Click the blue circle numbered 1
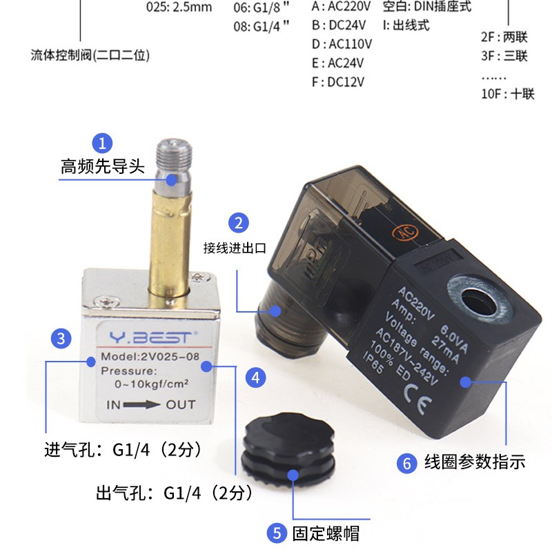coord(102,143)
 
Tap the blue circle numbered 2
coord(239,223)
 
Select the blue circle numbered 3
coord(61,338)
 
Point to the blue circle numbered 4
coord(255,377)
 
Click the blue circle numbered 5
coord(276,533)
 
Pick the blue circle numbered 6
coord(406,464)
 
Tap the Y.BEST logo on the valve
coord(150,338)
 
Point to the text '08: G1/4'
coord(262,26)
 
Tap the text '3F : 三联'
coord(504,55)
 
